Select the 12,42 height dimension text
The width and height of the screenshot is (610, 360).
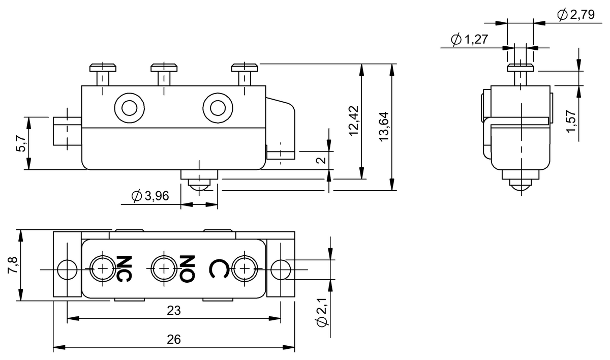(354, 121)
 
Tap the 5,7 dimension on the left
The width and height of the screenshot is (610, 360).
(20, 144)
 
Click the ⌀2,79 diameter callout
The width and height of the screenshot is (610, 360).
(576, 15)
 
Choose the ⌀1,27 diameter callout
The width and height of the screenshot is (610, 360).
(469, 39)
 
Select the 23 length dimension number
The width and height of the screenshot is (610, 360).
(174, 310)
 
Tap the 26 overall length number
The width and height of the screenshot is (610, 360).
(174, 339)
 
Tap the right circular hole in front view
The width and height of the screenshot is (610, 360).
(217, 108)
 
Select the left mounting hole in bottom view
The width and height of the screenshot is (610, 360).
(67, 269)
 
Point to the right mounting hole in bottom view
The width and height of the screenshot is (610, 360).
(280, 269)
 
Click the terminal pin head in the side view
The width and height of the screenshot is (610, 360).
(521, 67)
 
